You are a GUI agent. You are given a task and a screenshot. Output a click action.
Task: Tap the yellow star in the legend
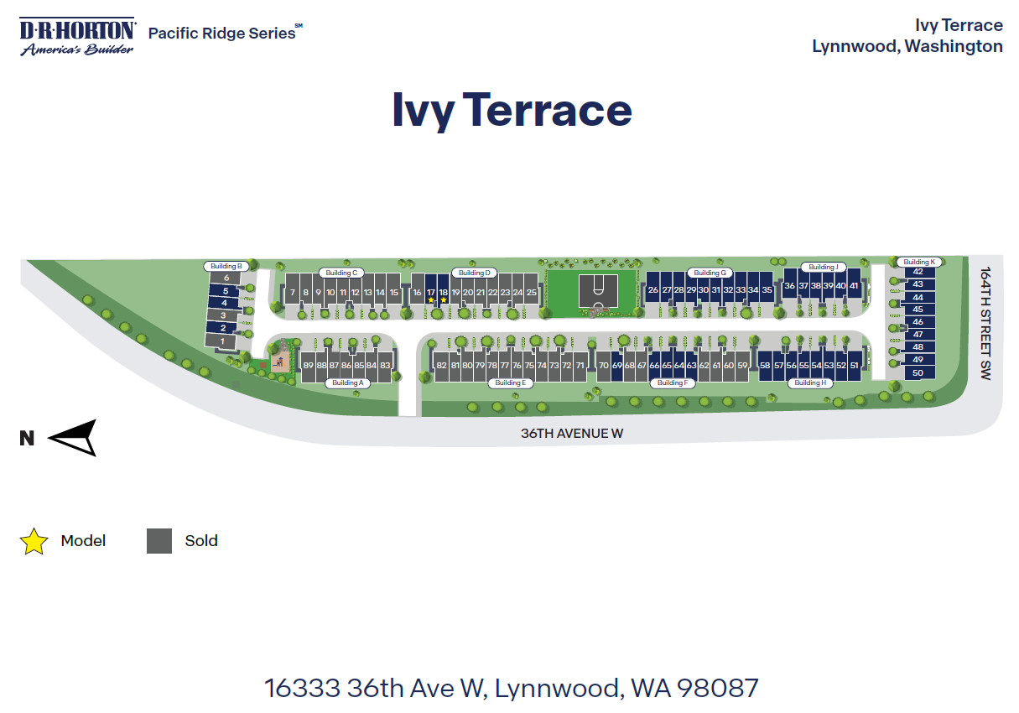(34, 541)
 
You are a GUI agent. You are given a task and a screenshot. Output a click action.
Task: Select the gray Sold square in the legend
(159, 541)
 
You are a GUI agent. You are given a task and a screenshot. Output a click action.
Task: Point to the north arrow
(73, 437)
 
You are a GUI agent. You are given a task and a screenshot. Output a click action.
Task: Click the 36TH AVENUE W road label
(572, 434)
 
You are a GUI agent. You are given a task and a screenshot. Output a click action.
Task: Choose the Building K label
(918, 262)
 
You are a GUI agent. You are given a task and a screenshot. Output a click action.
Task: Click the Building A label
(347, 383)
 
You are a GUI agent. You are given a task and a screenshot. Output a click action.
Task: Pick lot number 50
(918, 372)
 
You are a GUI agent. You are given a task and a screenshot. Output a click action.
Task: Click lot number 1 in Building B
(222, 341)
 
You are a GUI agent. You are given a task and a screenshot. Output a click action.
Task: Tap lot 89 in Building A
(308, 365)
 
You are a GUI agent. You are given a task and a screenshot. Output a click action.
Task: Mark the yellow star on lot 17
(431, 299)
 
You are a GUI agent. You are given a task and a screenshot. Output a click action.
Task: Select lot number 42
(918, 272)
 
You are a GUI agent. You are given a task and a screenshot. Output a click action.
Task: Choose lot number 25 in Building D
(531, 292)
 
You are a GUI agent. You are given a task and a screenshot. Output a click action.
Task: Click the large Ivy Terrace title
(512, 110)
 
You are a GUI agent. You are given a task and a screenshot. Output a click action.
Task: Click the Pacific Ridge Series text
(222, 34)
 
